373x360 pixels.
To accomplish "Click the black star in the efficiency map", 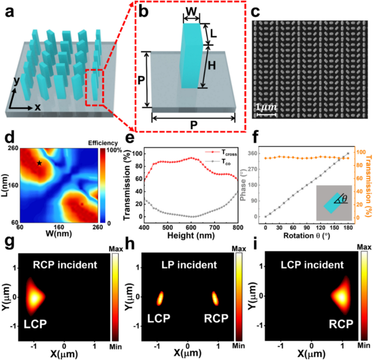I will (x=39, y=162).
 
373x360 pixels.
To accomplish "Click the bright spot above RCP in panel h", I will (x=215, y=298).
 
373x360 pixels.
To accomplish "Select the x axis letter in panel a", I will (x=38, y=107).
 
